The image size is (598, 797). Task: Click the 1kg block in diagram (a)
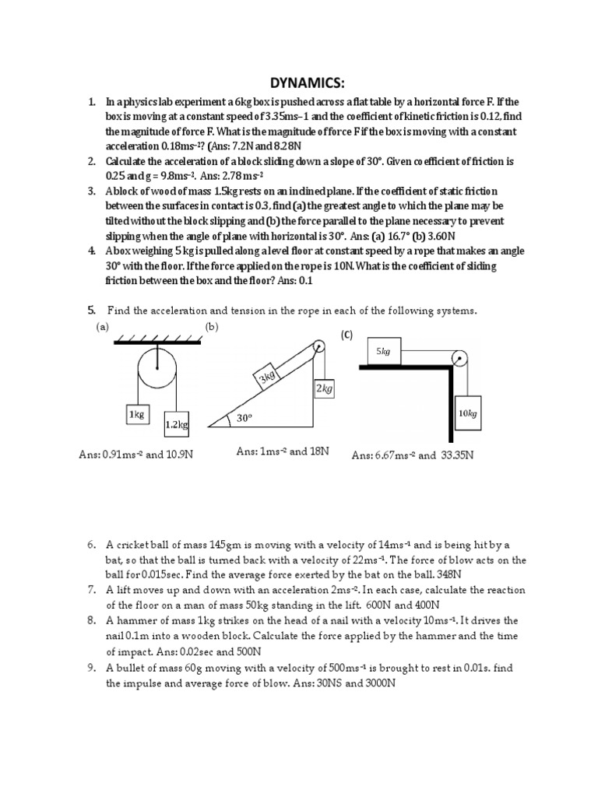(137, 415)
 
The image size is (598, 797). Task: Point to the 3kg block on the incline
(267, 377)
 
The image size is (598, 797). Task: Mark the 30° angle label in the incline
(246, 419)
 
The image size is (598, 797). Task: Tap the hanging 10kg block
(467, 414)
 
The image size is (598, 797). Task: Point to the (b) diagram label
(211, 328)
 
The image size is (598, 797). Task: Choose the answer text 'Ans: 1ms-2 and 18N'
(282, 451)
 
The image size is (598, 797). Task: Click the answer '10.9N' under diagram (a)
(175, 454)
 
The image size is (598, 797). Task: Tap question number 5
(90, 311)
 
